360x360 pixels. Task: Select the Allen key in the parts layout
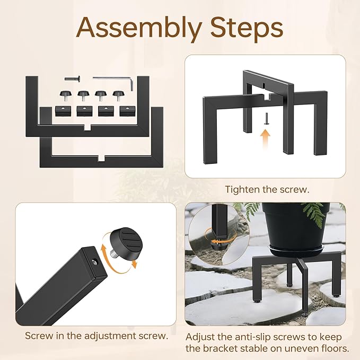tap(114, 80)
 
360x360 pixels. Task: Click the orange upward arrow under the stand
tap(265, 141)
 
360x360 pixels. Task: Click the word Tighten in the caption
tap(241, 189)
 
